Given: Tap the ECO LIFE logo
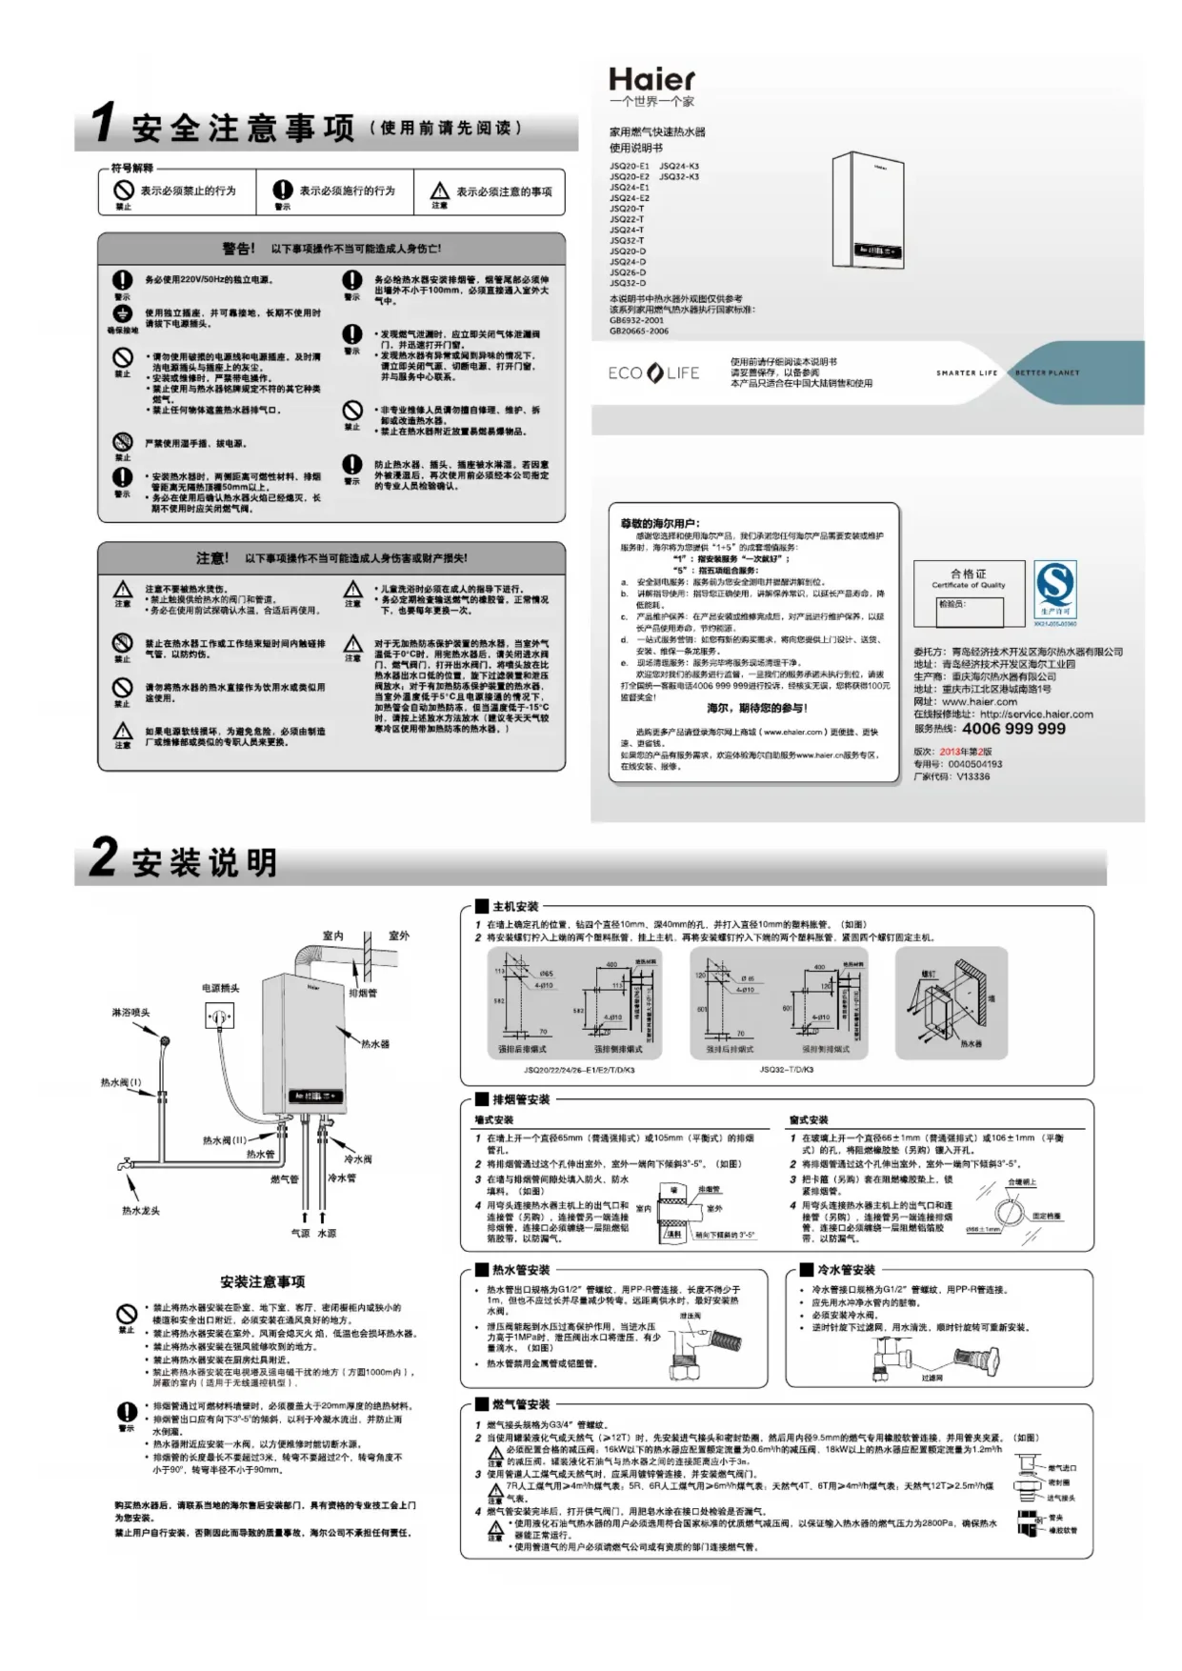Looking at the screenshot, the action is pyautogui.click(x=653, y=372).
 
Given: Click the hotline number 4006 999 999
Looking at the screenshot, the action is pyautogui.click(x=1013, y=729).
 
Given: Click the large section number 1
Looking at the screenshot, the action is pyautogui.click(x=102, y=124).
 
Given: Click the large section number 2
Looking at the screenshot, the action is pyautogui.click(x=103, y=857).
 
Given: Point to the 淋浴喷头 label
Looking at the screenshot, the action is pyautogui.click(x=130, y=1013).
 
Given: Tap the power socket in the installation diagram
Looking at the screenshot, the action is pyautogui.click(x=219, y=1018).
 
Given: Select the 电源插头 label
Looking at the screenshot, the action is pyautogui.click(x=220, y=988).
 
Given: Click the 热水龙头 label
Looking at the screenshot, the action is pyautogui.click(x=141, y=1211).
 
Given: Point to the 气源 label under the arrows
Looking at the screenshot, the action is pyautogui.click(x=300, y=1233).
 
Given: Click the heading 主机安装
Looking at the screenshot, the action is pyautogui.click(x=515, y=907).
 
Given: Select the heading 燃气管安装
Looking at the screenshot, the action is pyautogui.click(x=521, y=1404).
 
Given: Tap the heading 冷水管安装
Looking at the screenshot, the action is pyautogui.click(x=846, y=1270).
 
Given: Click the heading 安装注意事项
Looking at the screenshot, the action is pyautogui.click(x=263, y=1281).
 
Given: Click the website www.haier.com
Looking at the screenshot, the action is pyautogui.click(x=979, y=701).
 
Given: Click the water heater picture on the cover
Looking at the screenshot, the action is pyautogui.click(x=868, y=210).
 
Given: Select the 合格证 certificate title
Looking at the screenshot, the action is pyautogui.click(x=968, y=574).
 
